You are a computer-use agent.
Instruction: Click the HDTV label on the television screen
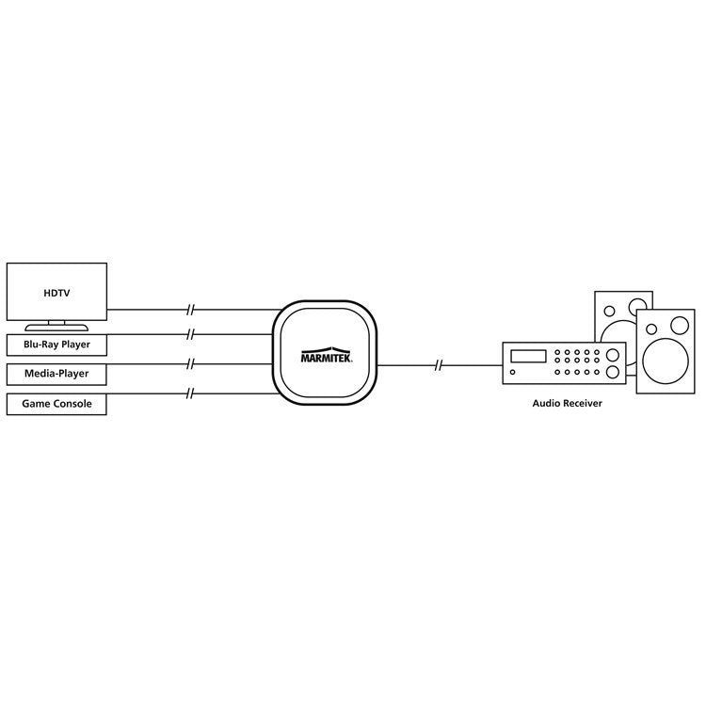pyautogui.click(x=56, y=293)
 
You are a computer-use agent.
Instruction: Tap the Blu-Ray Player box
pyautogui.click(x=56, y=345)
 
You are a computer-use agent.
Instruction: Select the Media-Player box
pyautogui.click(x=56, y=375)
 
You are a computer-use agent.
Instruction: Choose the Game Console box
pyautogui.click(x=56, y=405)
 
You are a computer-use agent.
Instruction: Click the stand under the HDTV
pyautogui.click(x=56, y=327)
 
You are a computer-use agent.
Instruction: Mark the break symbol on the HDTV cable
pyautogui.click(x=192, y=310)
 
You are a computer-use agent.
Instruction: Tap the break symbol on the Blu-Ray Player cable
pyautogui.click(x=192, y=333)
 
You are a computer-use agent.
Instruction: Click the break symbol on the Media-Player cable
pyautogui.click(x=192, y=364)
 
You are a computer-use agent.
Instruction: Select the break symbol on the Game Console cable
pyautogui.click(x=192, y=393)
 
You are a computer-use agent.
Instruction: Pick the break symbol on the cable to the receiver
pyautogui.click(x=440, y=364)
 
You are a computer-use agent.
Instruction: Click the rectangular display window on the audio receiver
pyautogui.click(x=527, y=355)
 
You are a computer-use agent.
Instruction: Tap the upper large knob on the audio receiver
pyautogui.click(x=614, y=355)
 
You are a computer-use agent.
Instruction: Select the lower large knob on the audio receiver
pyautogui.click(x=614, y=373)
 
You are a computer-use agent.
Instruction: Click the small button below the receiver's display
pyautogui.click(x=512, y=373)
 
